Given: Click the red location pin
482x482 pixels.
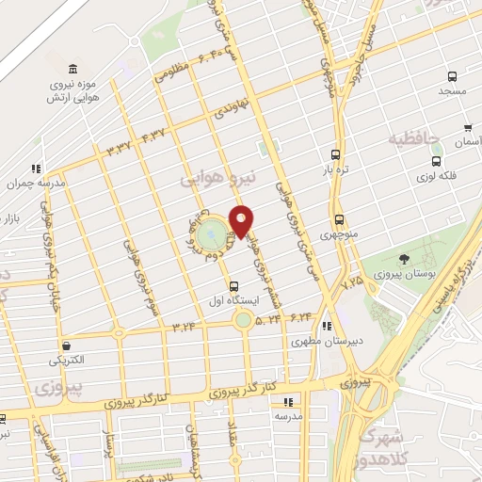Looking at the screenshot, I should pyautogui.click(x=242, y=220).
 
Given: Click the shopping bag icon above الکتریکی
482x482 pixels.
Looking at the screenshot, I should pyautogui.click(x=65, y=345).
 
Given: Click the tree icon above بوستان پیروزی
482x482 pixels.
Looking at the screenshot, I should pyautogui.click(x=404, y=259).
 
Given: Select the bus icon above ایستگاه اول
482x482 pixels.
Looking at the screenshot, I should pyautogui.click(x=233, y=286).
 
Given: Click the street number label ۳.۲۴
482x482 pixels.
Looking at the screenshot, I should pyautogui.click(x=184, y=326).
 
